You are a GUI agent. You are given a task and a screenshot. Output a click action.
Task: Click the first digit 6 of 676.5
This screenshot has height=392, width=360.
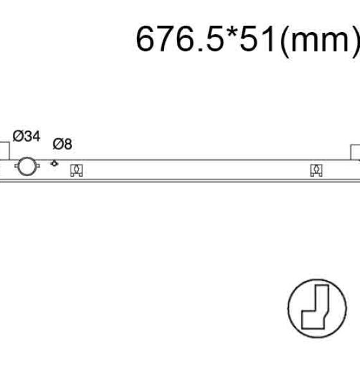tap(145, 39)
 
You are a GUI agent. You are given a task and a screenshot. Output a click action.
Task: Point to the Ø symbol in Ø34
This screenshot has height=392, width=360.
tap(18, 136)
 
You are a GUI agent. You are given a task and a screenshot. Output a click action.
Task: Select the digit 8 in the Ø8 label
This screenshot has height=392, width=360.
tap(68, 144)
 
